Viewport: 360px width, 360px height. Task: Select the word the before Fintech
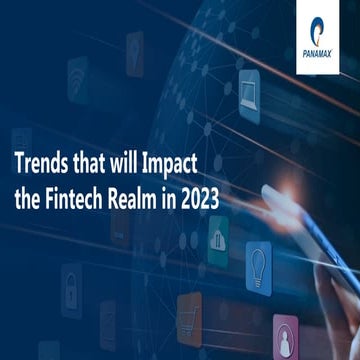[x=30, y=196]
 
